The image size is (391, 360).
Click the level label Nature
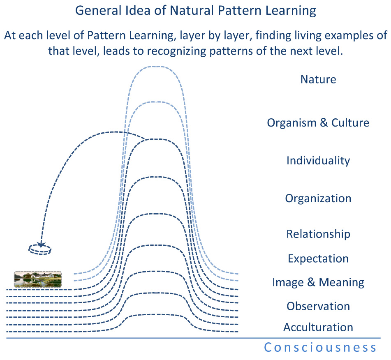[x=318, y=79]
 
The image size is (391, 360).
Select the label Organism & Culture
[x=318, y=122]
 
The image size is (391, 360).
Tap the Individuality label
[x=318, y=160]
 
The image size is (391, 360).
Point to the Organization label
[x=318, y=198]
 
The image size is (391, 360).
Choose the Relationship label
[x=318, y=234]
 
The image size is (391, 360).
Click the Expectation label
[x=318, y=258]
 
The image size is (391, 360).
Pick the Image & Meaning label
[x=318, y=282]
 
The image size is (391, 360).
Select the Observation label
[x=318, y=306]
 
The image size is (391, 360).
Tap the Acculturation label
[x=318, y=327]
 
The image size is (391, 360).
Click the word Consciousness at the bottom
[x=320, y=348]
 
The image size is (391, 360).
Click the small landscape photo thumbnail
[x=38, y=279]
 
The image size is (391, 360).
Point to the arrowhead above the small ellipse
[x=41, y=244]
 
